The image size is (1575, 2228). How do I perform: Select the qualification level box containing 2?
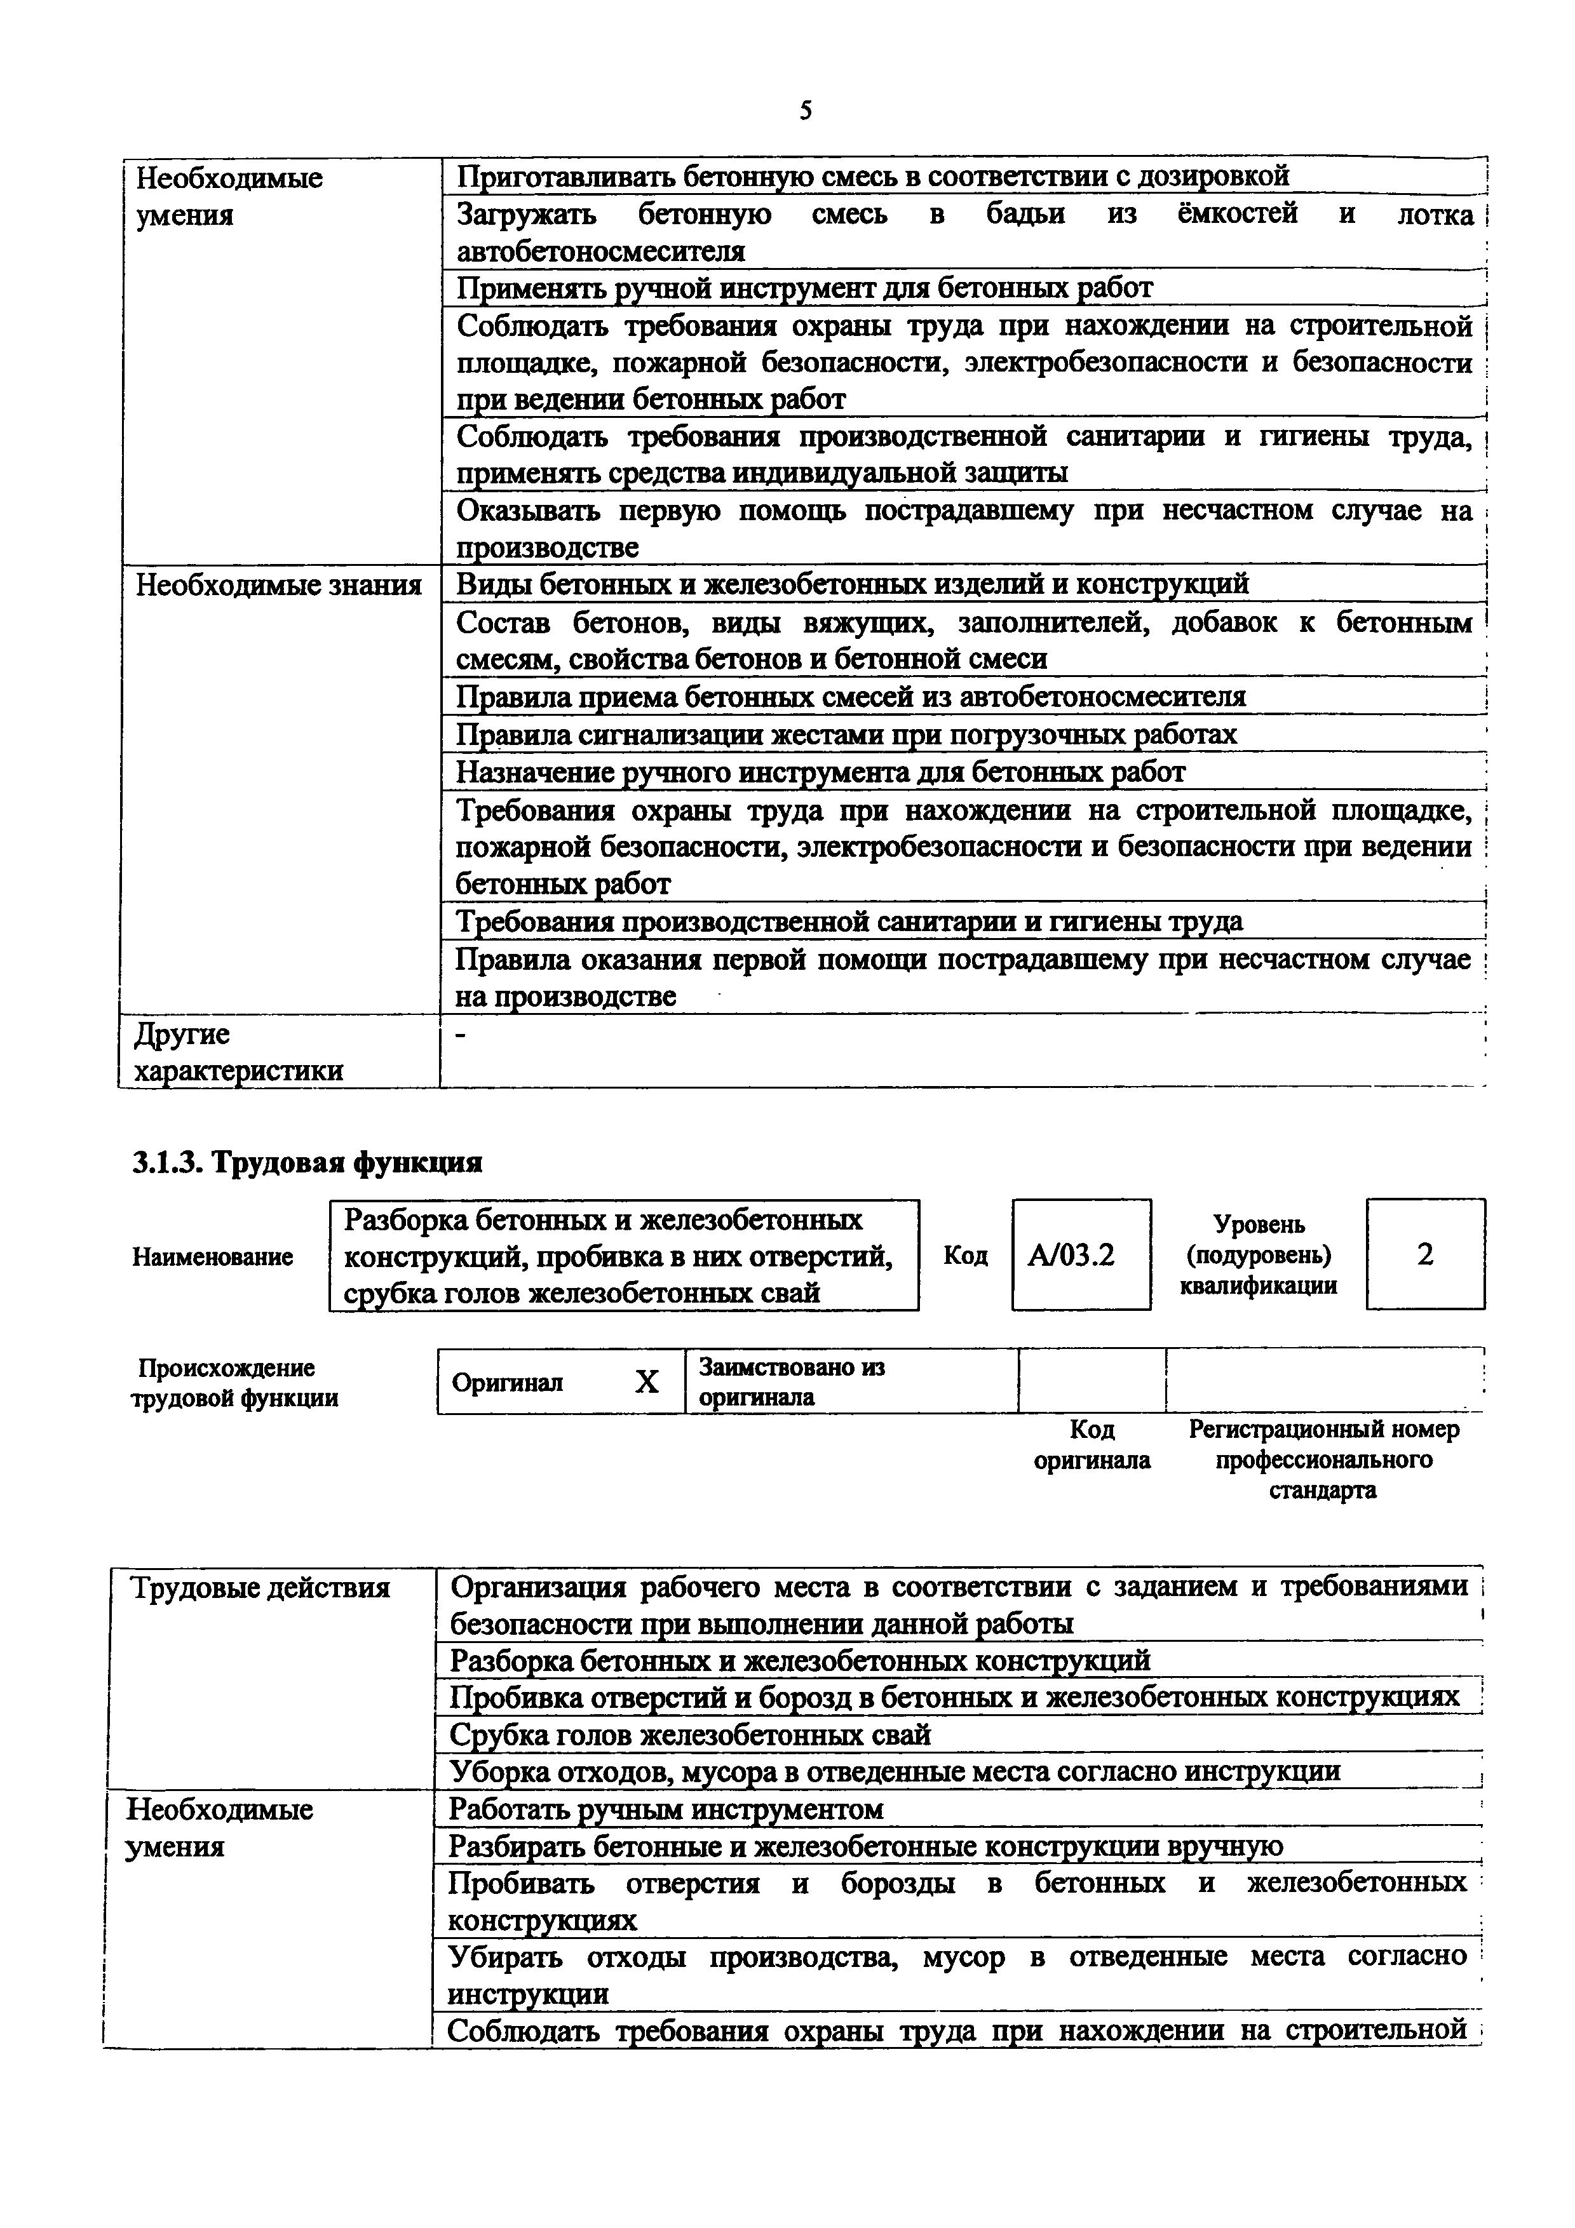tap(1424, 1255)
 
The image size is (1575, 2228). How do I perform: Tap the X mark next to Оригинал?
tap(646, 1382)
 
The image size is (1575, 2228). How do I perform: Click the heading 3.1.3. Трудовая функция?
tap(308, 1162)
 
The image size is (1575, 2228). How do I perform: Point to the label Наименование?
tap(213, 1257)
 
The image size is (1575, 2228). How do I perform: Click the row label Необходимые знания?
tap(278, 585)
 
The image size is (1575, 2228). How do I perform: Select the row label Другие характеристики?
tap(238, 1052)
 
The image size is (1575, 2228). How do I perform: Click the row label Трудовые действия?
tap(260, 1588)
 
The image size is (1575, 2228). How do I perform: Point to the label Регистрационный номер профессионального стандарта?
tap(1323, 1460)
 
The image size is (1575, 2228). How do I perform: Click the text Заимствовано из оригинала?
tap(792, 1382)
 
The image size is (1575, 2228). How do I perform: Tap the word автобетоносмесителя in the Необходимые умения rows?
tap(600, 252)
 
